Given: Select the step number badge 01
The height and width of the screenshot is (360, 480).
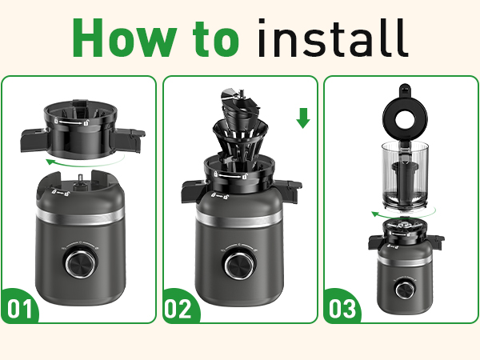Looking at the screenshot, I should (20, 307).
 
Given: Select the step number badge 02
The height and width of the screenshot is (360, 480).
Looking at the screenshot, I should (180, 307).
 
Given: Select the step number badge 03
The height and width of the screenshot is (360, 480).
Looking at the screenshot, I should (341, 307).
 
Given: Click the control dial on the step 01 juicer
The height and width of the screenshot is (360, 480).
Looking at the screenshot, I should (78, 262).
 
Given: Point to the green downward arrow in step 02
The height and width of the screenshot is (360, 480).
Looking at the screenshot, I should (302, 119).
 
